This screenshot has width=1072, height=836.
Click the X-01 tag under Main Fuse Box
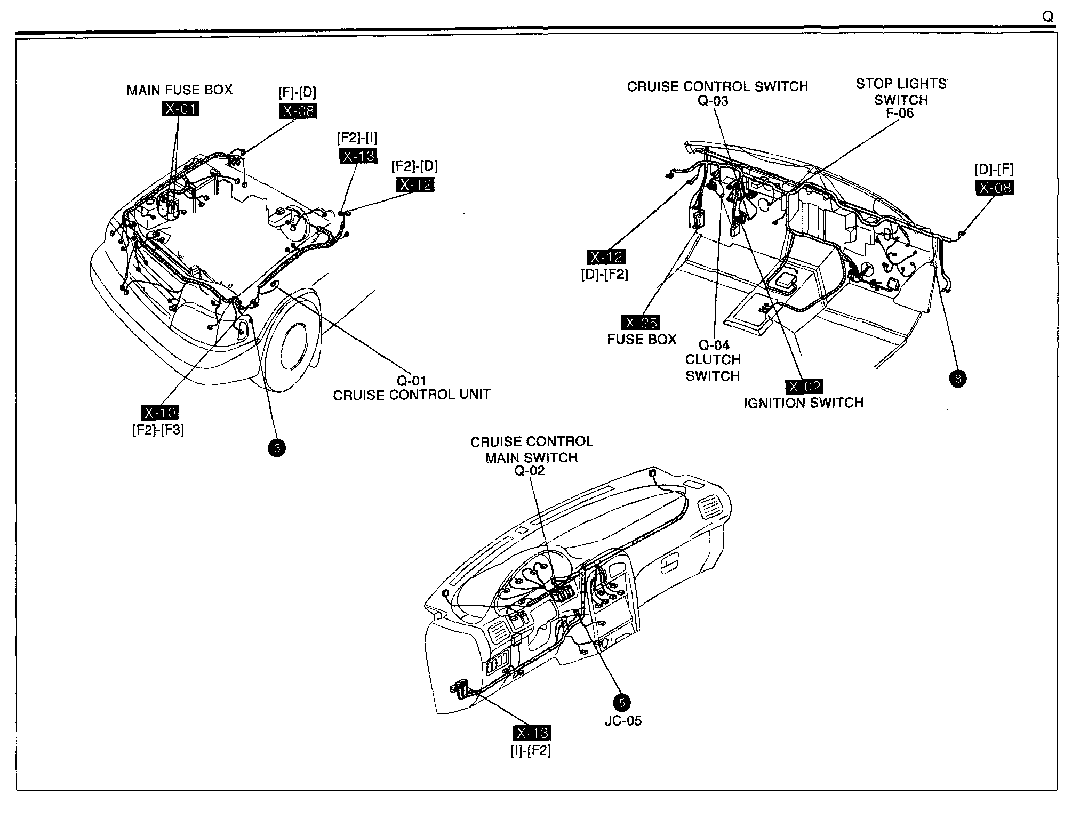point(180,109)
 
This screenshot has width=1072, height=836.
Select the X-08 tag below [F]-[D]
point(298,111)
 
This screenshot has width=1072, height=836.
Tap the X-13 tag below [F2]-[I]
point(357,156)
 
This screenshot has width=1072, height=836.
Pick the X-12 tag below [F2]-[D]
point(415,184)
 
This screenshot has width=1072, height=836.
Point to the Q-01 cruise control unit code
point(411,381)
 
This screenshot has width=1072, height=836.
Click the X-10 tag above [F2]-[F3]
point(159,413)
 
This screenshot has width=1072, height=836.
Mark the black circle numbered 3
point(276,448)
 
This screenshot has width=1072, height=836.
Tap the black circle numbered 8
point(958,379)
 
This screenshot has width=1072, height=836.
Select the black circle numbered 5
point(622,702)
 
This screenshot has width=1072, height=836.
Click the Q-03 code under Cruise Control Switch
point(713,101)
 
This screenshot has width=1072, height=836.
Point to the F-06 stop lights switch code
point(900,113)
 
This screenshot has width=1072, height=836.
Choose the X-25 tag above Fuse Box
point(641,323)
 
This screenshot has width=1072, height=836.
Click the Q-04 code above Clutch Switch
point(714,345)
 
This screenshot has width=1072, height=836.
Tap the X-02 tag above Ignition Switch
point(804,387)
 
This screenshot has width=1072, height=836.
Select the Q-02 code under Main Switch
point(530,471)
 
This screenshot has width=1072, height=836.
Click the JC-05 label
point(623,721)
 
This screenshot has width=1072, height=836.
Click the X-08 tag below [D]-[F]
point(995,188)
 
